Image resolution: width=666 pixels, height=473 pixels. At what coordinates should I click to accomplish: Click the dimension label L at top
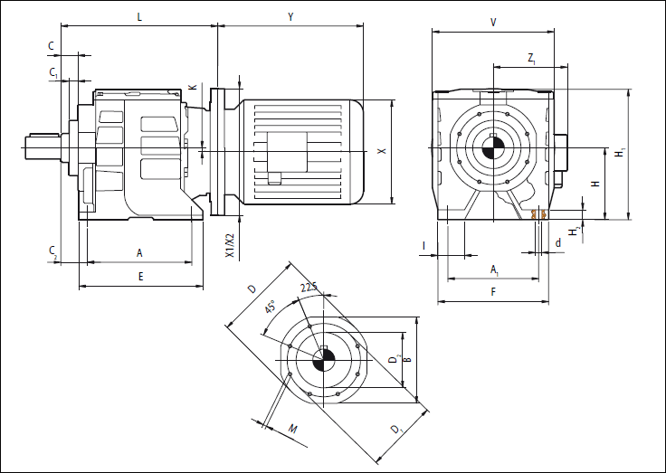click(138, 16)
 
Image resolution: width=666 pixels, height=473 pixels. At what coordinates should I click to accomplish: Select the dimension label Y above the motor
click(290, 16)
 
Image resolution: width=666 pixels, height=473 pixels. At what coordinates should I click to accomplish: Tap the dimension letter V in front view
click(492, 21)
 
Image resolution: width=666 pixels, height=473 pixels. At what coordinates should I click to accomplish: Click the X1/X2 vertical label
click(230, 246)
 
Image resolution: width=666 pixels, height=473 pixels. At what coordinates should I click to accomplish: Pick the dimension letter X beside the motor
click(382, 152)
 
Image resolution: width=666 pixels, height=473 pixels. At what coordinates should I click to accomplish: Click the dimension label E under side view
click(140, 277)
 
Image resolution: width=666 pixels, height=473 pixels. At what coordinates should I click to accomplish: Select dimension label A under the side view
click(139, 252)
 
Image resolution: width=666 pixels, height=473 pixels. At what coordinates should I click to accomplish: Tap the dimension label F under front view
click(493, 292)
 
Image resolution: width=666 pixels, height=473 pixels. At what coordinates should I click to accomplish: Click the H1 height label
click(620, 154)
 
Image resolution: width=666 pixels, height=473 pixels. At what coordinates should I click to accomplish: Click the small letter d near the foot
click(558, 242)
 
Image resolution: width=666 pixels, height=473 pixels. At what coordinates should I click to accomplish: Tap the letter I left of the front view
click(424, 245)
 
